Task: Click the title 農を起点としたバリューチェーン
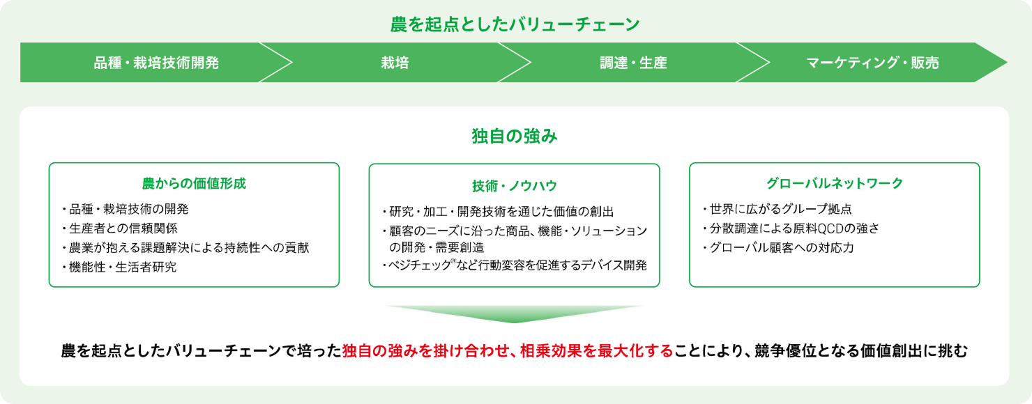click(x=515, y=24)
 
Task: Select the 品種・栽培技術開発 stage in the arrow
click(x=156, y=63)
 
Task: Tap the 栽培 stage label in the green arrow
click(x=395, y=63)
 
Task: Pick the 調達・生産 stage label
click(x=633, y=63)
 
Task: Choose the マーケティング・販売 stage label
click(x=872, y=63)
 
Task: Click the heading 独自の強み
click(x=515, y=137)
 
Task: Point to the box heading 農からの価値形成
click(x=194, y=184)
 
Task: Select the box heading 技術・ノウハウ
click(x=515, y=186)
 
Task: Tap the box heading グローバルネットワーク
click(x=835, y=184)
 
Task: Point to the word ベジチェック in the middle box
click(x=419, y=265)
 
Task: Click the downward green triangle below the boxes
click(x=515, y=313)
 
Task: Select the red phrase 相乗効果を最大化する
click(x=597, y=351)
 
